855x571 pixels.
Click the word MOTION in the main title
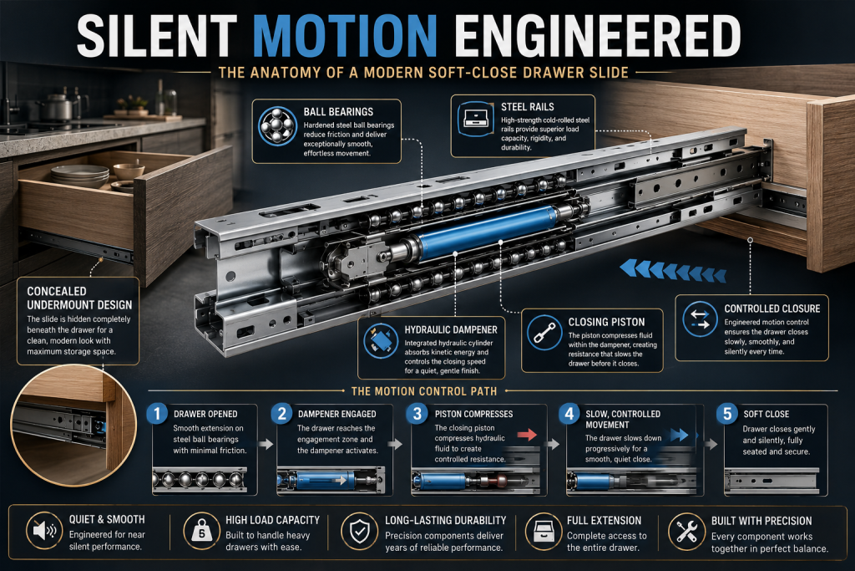[x=345, y=36]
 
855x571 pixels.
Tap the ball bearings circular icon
[x=277, y=126]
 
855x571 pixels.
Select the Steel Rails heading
[x=528, y=107]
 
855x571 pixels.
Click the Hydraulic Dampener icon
[x=381, y=341]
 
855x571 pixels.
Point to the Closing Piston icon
[x=544, y=333]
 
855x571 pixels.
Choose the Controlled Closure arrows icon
[x=700, y=319]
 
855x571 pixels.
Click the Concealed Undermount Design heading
[x=79, y=298]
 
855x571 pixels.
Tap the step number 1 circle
[x=157, y=413]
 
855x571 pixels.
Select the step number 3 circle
[x=417, y=413]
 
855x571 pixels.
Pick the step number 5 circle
[x=727, y=414]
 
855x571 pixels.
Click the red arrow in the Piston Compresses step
[x=528, y=435]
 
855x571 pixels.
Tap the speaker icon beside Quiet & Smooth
[x=44, y=529]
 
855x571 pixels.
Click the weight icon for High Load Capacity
[x=201, y=530]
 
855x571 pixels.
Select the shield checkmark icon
[x=359, y=531]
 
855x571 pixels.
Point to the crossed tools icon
[x=686, y=531]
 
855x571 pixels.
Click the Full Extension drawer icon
[x=543, y=531]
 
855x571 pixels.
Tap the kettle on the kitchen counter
[x=57, y=106]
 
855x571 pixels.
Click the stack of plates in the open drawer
[x=80, y=176]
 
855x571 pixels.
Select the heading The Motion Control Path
[x=424, y=391]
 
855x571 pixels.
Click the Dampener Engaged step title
[x=337, y=414]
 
